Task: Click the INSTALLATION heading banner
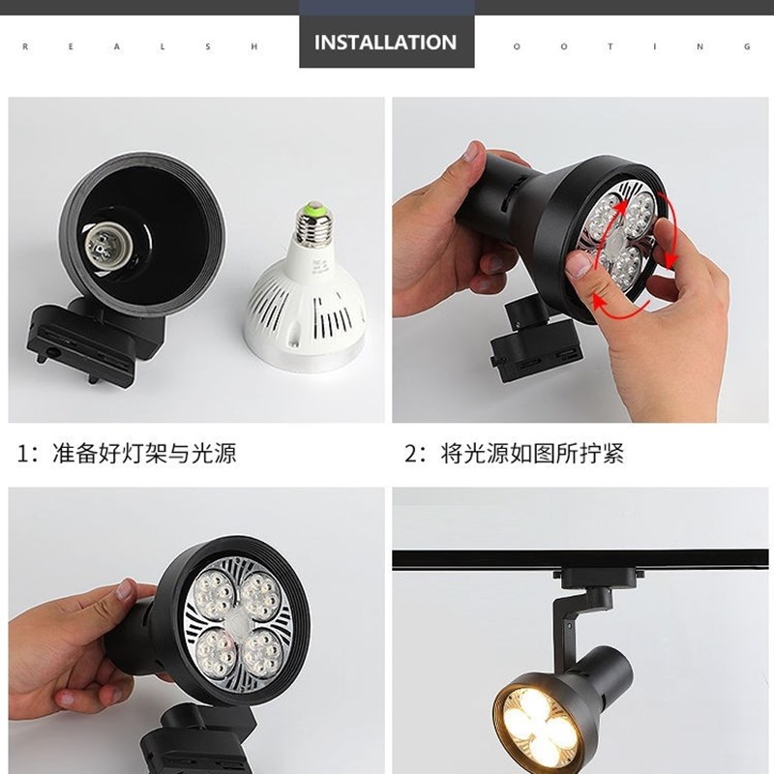pyautogui.click(x=385, y=43)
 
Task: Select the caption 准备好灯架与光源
pyautogui.click(x=144, y=452)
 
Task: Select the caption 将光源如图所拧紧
pyautogui.click(x=531, y=453)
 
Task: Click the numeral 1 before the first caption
pyautogui.click(x=22, y=453)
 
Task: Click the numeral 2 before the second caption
pyautogui.click(x=410, y=453)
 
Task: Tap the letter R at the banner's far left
pyautogui.click(x=23, y=45)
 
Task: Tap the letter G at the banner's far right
pyautogui.click(x=748, y=45)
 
